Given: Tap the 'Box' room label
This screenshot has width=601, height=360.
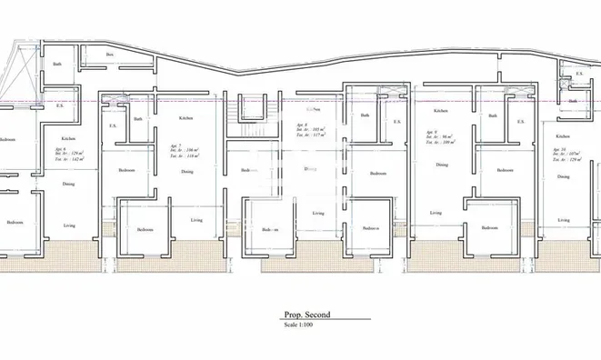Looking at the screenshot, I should click(109, 55).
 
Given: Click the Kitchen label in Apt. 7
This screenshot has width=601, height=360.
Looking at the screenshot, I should click(185, 118).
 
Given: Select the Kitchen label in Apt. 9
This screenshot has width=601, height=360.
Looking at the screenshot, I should click(441, 110).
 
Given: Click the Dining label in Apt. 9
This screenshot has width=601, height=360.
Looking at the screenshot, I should click(441, 165).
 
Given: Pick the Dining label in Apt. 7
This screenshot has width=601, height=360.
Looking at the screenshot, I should click(186, 171).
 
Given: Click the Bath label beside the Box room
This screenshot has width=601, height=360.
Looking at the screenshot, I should click(57, 64).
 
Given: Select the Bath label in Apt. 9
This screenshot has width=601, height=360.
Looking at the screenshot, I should click(491, 116).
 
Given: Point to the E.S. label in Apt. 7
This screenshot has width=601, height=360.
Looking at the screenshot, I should click(113, 125).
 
